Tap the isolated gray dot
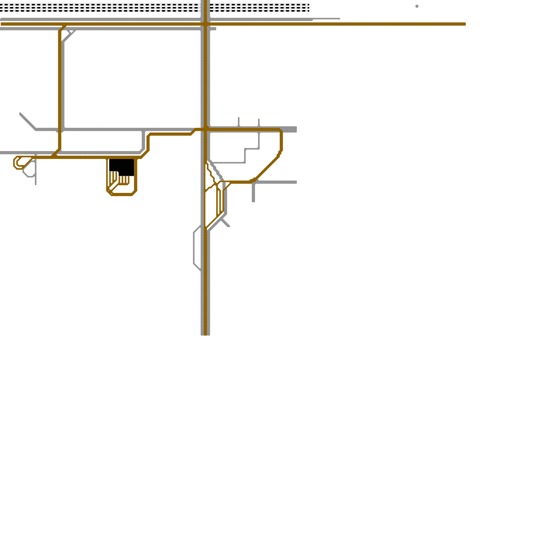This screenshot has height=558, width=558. point(417,6)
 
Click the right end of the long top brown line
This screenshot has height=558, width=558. point(465,24)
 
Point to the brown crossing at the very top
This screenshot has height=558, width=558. point(205,24)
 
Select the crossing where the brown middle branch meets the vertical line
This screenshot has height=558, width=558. point(206,129)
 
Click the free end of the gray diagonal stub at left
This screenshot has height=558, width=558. point(21,114)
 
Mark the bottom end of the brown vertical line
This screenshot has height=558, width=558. point(205,334)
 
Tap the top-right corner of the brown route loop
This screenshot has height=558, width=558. point(280,130)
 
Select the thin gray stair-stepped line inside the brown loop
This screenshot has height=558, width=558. point(245,156)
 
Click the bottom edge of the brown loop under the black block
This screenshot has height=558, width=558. point(121,195)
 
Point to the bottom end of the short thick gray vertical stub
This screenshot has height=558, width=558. point(254,201)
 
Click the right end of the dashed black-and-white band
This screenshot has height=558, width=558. point(309,8)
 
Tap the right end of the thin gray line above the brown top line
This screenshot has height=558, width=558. point(339,19)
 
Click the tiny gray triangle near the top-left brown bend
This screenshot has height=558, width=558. point(71,32)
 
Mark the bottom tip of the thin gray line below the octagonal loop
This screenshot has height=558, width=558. point(36,184)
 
